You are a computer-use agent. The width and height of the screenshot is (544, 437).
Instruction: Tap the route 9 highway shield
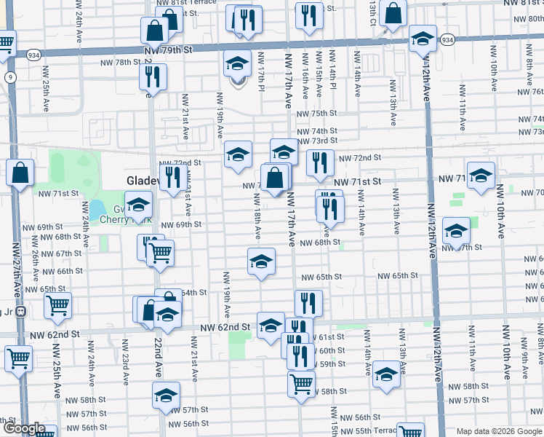(10, 77)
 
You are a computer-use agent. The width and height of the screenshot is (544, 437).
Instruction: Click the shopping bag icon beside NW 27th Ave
(20, 172)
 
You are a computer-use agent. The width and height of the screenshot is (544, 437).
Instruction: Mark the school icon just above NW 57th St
(166, 395)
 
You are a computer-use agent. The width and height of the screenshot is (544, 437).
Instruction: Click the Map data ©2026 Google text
(499, 431)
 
